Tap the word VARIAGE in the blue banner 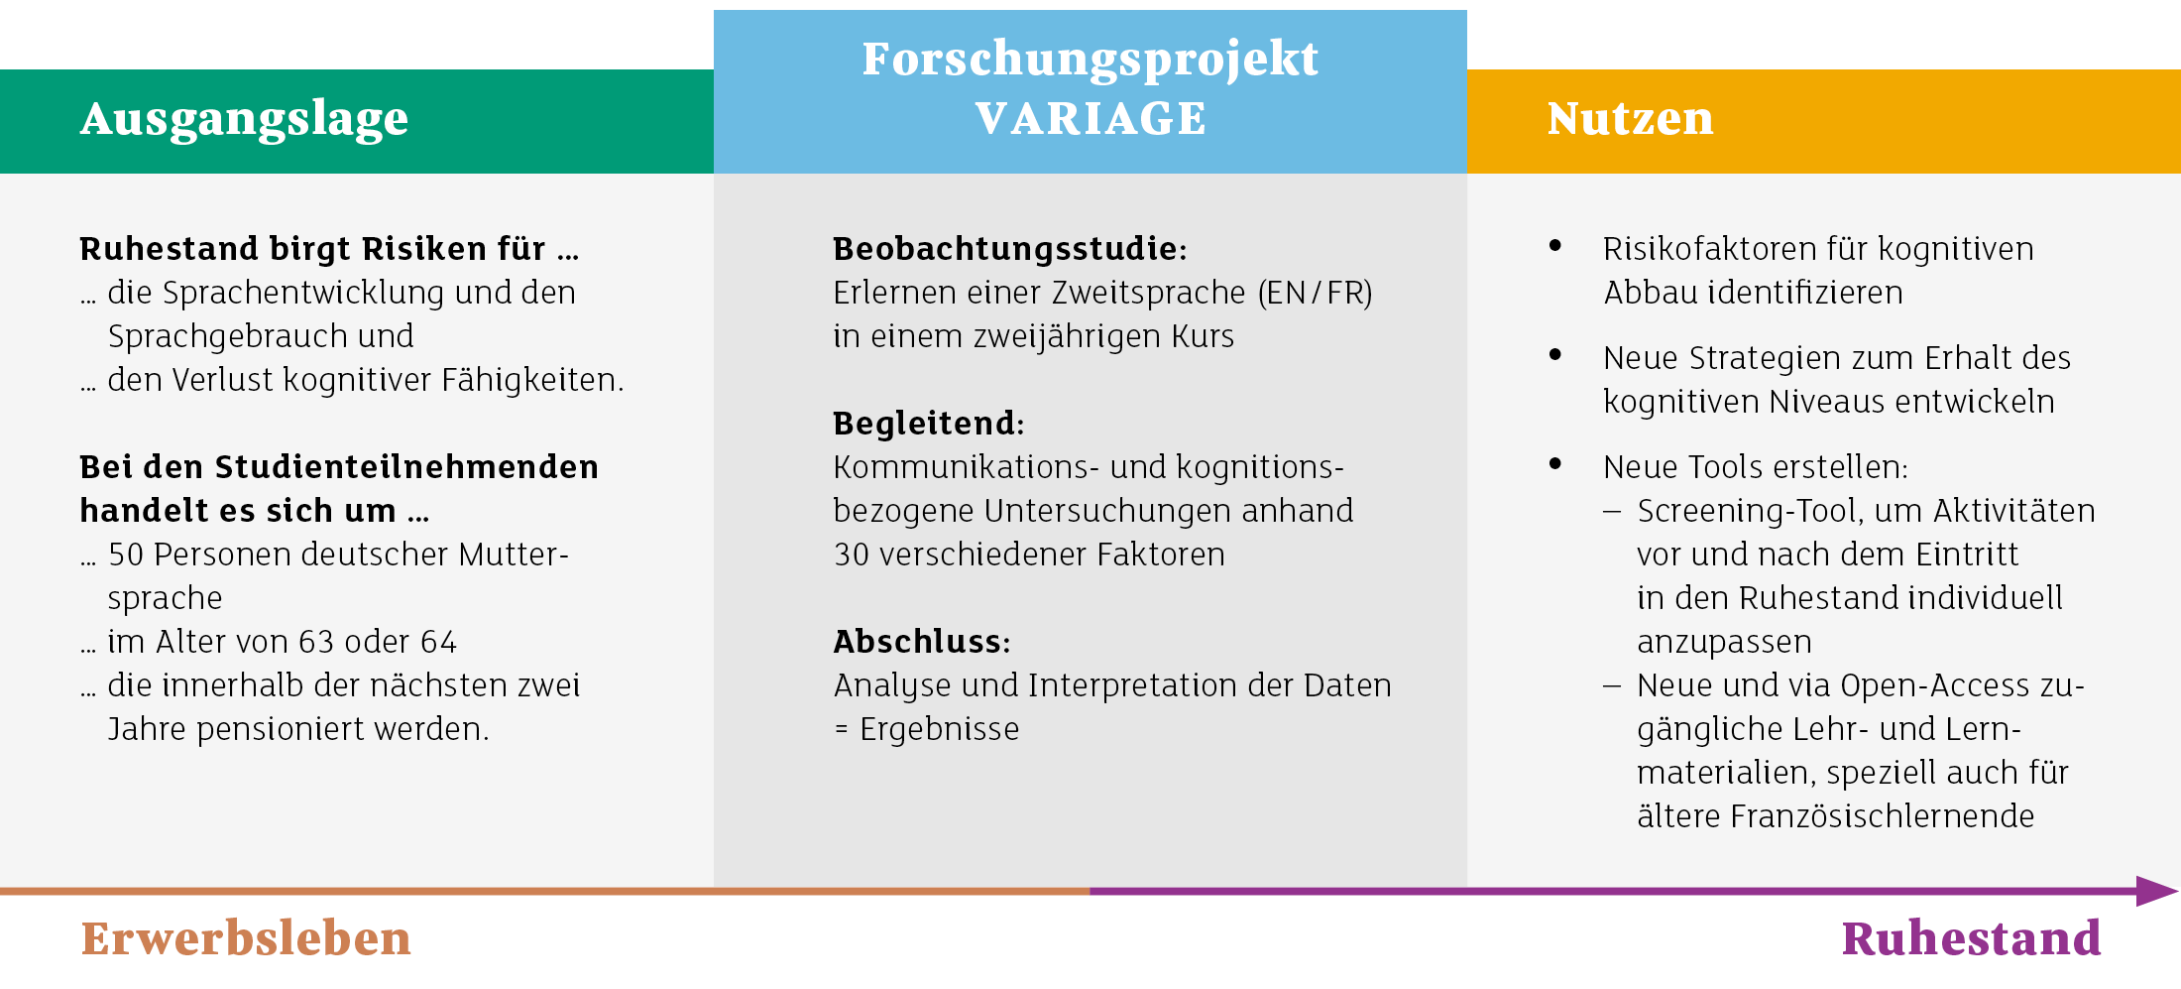coord(1090,119)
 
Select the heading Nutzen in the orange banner coord(1631,119)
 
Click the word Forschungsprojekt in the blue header coord(1090,60)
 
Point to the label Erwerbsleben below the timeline coord(246,937)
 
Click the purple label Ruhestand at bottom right coord(1972,937)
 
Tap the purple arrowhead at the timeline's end coord(2157,891)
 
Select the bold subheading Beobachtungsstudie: coord(1010,248)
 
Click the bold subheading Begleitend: coord(929,423)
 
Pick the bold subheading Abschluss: coord(922,641)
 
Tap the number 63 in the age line coord(316,642)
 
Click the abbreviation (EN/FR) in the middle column coord(1316,293)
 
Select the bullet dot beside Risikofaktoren coord(1555,245)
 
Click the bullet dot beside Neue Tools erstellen coord(1555,463)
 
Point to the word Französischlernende coord(1883,816)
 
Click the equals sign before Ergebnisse coord(842,730)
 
